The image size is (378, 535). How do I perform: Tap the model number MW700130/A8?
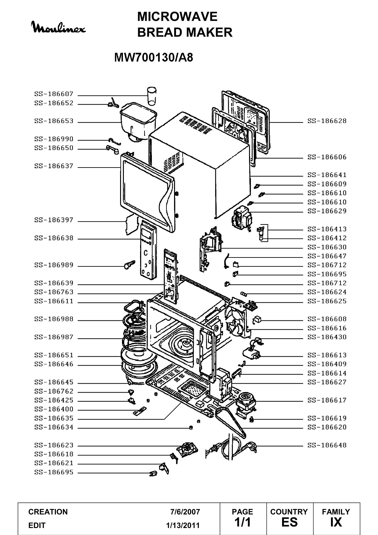pyautogui.click(x=154, y=58)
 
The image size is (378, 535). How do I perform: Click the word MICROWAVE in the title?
pyautogui.click(x=177, y=17)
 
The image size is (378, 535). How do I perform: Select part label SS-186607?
pyautogui.click(x=54, y=94)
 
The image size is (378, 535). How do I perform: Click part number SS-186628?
pyautogui.click(x=327, y=121)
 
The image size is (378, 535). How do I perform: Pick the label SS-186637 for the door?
pyautogui.click(x=54, y=166)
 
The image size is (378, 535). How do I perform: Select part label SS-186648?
pyautogui.click(x=327, y=445)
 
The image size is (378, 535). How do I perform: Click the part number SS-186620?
pyautogui.click(x=327, y=427)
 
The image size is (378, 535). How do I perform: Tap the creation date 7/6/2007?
pyautogui.click(x=185, y=512)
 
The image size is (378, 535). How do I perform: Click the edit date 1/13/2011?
pyautogui.click(x=183, y=525)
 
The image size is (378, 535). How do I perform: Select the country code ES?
pyautogui.click(x=289, y=522)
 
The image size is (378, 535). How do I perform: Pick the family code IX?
pyautogui.click(x=336, y=522)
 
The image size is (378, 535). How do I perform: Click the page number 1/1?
pyautogui.click(x=242, y=522)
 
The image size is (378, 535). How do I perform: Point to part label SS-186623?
pyautogui.click(x=54, y=445)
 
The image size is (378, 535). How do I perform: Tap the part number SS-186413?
pyautogui.click(x=327, y=229)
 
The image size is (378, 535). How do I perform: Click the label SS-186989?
pyautogui.click(x=54, y=265)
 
